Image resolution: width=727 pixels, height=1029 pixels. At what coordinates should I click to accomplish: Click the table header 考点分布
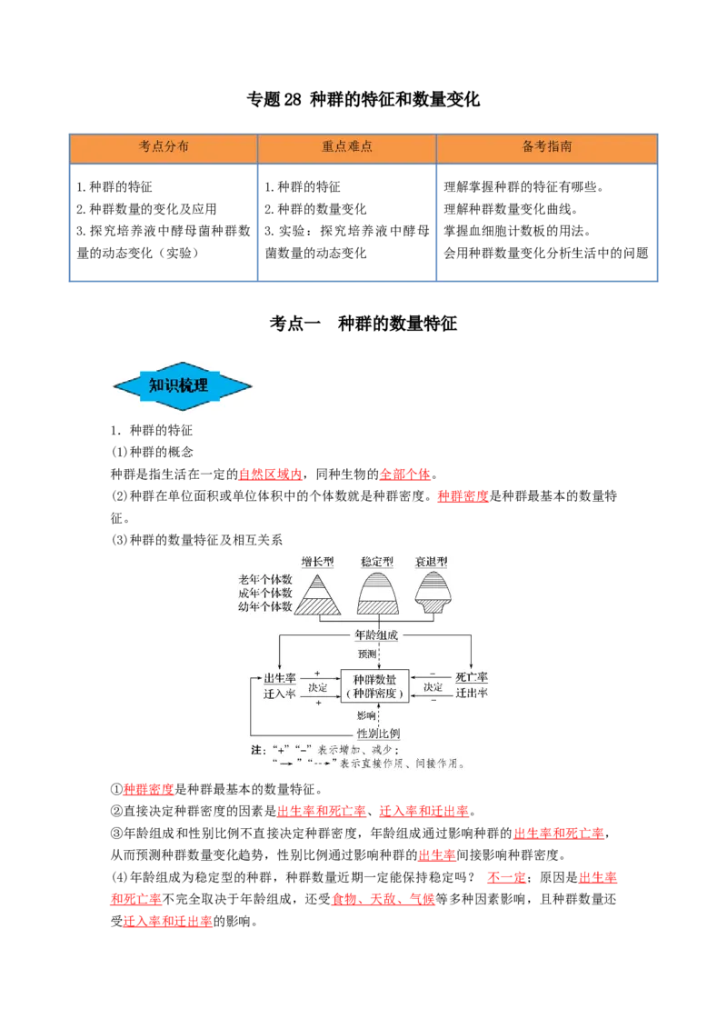click(x=164, y=146)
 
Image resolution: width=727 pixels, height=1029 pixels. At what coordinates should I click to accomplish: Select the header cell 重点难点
click(x=347, y=146)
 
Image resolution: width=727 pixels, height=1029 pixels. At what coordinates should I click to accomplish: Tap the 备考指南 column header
click(x=547, y=146)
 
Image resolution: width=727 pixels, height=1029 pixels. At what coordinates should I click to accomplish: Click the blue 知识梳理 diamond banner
click(x=185, y=385)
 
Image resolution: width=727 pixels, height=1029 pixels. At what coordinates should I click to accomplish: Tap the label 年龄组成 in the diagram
click(x=375, y=635)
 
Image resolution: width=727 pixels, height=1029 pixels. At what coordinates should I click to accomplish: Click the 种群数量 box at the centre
click(x=375, y=685)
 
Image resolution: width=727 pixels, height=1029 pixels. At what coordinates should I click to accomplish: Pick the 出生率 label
click(x=280, y=678)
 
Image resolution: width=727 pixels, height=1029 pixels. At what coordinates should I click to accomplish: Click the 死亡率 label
click(x=472, y=678)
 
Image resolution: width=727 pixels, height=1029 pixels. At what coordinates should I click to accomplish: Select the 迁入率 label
click(x=280, y=694)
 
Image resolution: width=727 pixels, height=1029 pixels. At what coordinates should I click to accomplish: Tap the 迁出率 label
click(x=472, y=694)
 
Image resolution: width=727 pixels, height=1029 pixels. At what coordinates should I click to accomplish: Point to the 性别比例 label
click(x=377, y=734)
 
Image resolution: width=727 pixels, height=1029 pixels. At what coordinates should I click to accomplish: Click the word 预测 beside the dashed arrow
click(x=365, y=654)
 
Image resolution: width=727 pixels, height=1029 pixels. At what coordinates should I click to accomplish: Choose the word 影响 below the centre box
click(x=365, y=715)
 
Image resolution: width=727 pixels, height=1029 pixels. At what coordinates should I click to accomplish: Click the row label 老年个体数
click(x=265, y=580)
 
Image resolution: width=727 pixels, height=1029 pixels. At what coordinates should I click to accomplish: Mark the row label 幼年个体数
click(x=265, y=606)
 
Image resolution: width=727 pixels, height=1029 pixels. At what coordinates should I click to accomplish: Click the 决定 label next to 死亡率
click(x=433, y=688)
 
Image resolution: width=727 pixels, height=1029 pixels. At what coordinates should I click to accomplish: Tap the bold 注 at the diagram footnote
click(x=255, y=751)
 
